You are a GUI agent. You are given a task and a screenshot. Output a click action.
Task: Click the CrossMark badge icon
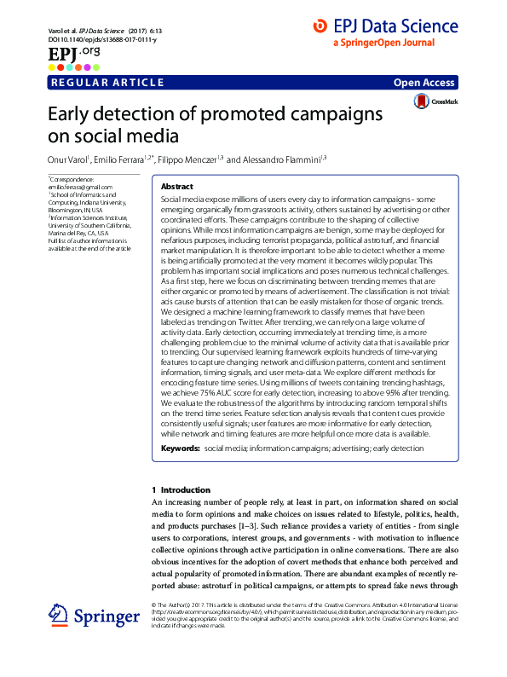422,101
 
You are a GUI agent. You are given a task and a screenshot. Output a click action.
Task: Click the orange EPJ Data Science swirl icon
320,26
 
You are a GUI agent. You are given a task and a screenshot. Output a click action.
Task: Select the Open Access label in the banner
426,83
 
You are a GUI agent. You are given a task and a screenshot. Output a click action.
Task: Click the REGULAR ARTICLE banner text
108,83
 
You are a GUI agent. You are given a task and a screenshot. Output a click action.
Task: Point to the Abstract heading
177,186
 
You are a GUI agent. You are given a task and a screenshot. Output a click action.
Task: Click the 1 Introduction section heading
181,490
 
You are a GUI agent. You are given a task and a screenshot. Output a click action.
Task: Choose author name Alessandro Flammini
276,159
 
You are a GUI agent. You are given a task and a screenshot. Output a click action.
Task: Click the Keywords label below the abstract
179,448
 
